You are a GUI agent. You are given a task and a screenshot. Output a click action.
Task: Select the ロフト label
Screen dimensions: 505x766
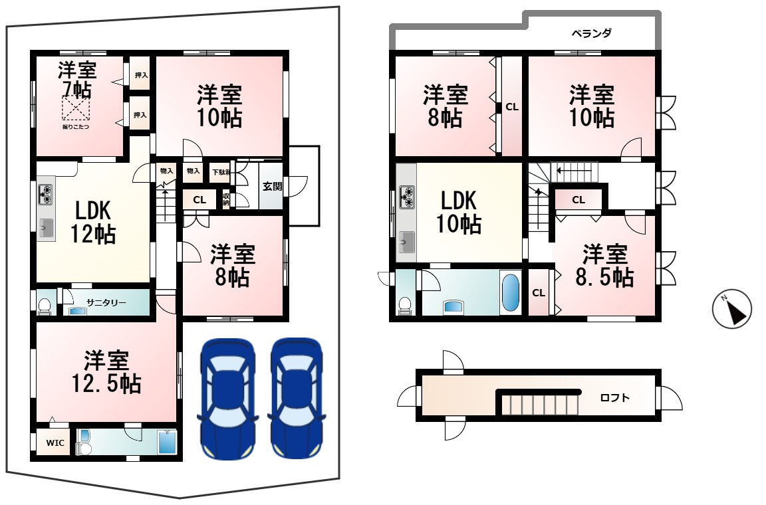pyautogui.click(x=614, y=398)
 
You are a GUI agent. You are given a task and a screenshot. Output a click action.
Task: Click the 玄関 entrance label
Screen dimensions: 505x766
pyautogui.click(x=271, y=186)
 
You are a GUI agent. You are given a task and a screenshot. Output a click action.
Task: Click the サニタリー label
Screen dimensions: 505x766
pyautogui.click(x=106, y=302)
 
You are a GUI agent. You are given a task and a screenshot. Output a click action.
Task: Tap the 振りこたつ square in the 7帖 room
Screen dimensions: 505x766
pyautogui.click(x=76, y=108)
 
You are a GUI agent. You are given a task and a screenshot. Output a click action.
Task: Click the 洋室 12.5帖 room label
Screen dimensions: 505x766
pyautogui.click(x=106, y=372)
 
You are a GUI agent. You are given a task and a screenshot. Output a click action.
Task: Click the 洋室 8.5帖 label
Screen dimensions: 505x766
pyautogui.click(x=605, y=265)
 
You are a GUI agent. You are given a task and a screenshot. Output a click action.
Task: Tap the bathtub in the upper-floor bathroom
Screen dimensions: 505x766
pyautogui.click(x=510, y=292)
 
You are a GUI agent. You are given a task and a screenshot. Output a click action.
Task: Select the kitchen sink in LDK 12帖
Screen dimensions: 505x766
pyautogui.click(x=46, y=227)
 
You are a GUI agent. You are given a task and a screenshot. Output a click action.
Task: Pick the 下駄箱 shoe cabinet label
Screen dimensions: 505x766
pyautogui.click(x=219, y=173)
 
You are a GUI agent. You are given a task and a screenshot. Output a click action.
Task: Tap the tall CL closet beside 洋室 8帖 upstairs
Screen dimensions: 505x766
pyautogui.click(x=511, y=106)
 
